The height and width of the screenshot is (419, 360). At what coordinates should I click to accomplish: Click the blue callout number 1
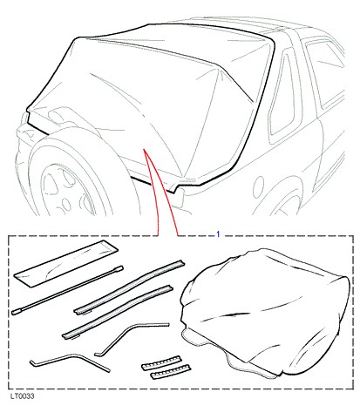218,234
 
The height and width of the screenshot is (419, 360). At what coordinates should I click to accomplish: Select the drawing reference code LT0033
22,396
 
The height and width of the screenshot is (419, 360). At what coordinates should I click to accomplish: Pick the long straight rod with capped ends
68,290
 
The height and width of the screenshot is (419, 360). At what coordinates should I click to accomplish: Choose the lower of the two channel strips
118,312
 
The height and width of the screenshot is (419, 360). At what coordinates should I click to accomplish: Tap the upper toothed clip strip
161,362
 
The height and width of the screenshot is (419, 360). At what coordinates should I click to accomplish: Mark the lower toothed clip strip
171,372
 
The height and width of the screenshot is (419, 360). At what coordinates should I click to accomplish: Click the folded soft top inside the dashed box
264,314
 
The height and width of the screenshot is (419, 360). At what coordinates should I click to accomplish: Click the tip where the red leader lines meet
144,149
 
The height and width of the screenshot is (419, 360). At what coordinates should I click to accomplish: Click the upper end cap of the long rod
119,268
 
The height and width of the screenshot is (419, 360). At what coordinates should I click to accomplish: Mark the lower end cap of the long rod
16,312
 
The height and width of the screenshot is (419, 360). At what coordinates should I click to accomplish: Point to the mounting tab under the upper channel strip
86,314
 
